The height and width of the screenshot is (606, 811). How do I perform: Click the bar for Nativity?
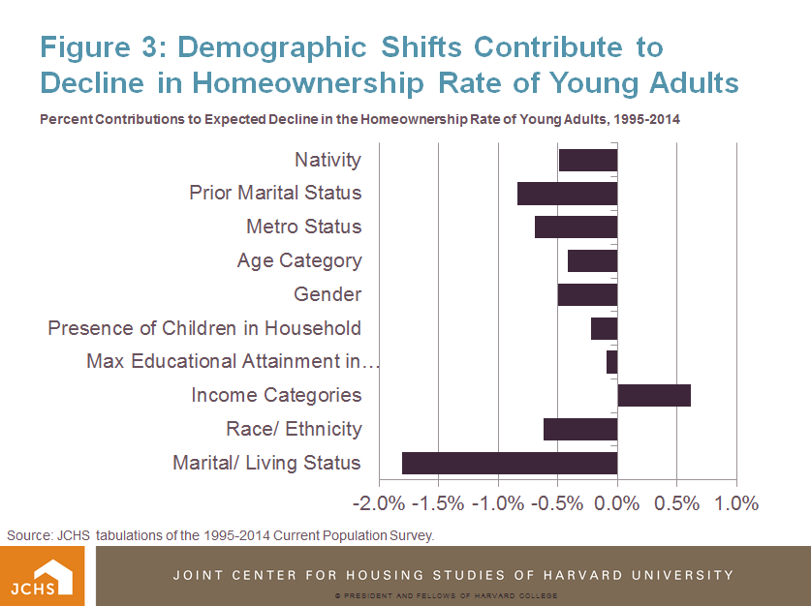coord(588,160)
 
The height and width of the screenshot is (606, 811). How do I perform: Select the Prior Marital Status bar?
coord(568,194)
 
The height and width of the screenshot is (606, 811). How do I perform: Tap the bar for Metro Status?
coord(577,227)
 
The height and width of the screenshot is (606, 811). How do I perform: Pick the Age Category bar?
coord(593,261)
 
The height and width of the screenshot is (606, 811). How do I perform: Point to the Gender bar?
coord(587,294)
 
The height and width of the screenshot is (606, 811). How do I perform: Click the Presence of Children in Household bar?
coord(604,328)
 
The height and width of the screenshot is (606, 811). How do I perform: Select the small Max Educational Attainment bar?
coord(611,362)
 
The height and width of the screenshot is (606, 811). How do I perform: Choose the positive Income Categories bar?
coord(654,396)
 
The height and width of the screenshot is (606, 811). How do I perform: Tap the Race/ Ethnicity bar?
coord(580,429)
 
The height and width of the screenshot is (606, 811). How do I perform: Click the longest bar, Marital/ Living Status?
coord(510,463)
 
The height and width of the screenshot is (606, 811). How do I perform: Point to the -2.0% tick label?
coord(379,503)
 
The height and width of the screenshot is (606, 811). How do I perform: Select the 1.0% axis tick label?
coord(736,503)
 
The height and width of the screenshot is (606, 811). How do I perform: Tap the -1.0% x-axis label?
coord(498,503)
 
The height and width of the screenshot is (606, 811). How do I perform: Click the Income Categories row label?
coord(276,395)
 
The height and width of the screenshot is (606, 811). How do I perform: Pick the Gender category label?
coord(328,294)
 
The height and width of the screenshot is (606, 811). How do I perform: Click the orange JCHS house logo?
coord(42,577)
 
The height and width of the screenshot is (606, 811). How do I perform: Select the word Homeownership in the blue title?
coord(308,82)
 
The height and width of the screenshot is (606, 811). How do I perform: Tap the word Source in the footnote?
coord(29,535)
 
